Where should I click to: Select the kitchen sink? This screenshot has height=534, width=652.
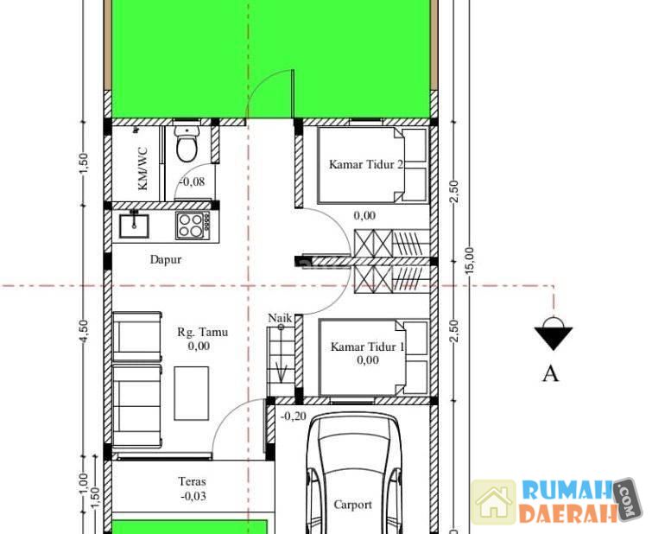tap(134, 226)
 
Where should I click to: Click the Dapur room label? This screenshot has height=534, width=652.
tap(166, 260)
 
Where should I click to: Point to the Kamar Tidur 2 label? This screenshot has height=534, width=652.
tap(366, 164)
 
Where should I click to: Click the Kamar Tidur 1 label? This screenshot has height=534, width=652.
tap(367, 346)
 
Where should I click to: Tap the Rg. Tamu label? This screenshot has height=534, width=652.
tap(202, 332)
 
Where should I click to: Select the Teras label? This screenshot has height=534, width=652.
tap(192, 481)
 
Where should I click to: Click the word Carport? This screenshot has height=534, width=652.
tap(352, 505)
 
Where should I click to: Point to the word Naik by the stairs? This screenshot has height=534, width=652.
tap(280, 318)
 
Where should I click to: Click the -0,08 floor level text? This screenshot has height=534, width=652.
tap(192, 181)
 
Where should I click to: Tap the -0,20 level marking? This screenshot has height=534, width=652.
tap(294, 416)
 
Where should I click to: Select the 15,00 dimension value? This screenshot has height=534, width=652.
tap(470, 261)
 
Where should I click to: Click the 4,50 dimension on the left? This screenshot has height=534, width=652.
tap(84, 331)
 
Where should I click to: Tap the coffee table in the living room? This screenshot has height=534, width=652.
tap(191, 393)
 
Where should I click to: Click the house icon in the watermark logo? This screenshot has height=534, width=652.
tap(493, 502)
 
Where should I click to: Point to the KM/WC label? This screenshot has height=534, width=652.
tap(142, 168)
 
